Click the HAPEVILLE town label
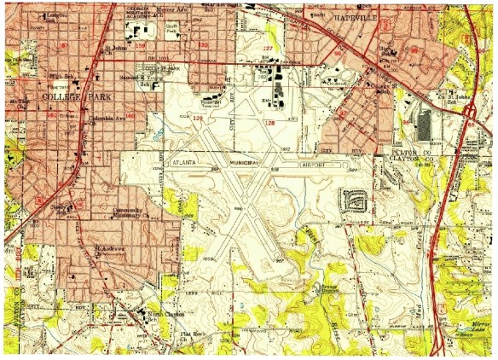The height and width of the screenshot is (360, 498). tap(359, 16)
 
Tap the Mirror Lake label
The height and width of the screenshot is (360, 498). tap(478, 327)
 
